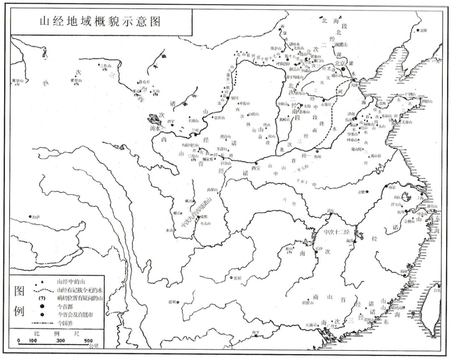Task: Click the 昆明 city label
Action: coord(172,301)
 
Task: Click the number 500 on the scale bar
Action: coord(89,341)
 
